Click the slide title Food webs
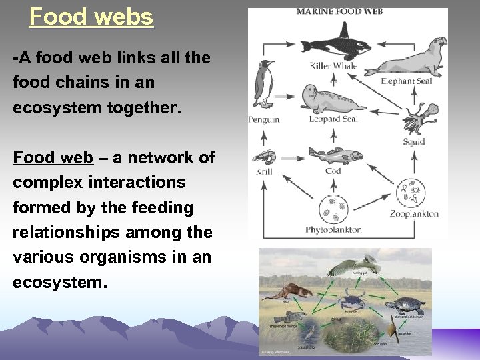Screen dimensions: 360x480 [91, 16]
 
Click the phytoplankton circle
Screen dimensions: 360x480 [333, 209]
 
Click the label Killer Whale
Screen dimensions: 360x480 [333, 65]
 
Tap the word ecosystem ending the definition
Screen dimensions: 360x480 [59, 282]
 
